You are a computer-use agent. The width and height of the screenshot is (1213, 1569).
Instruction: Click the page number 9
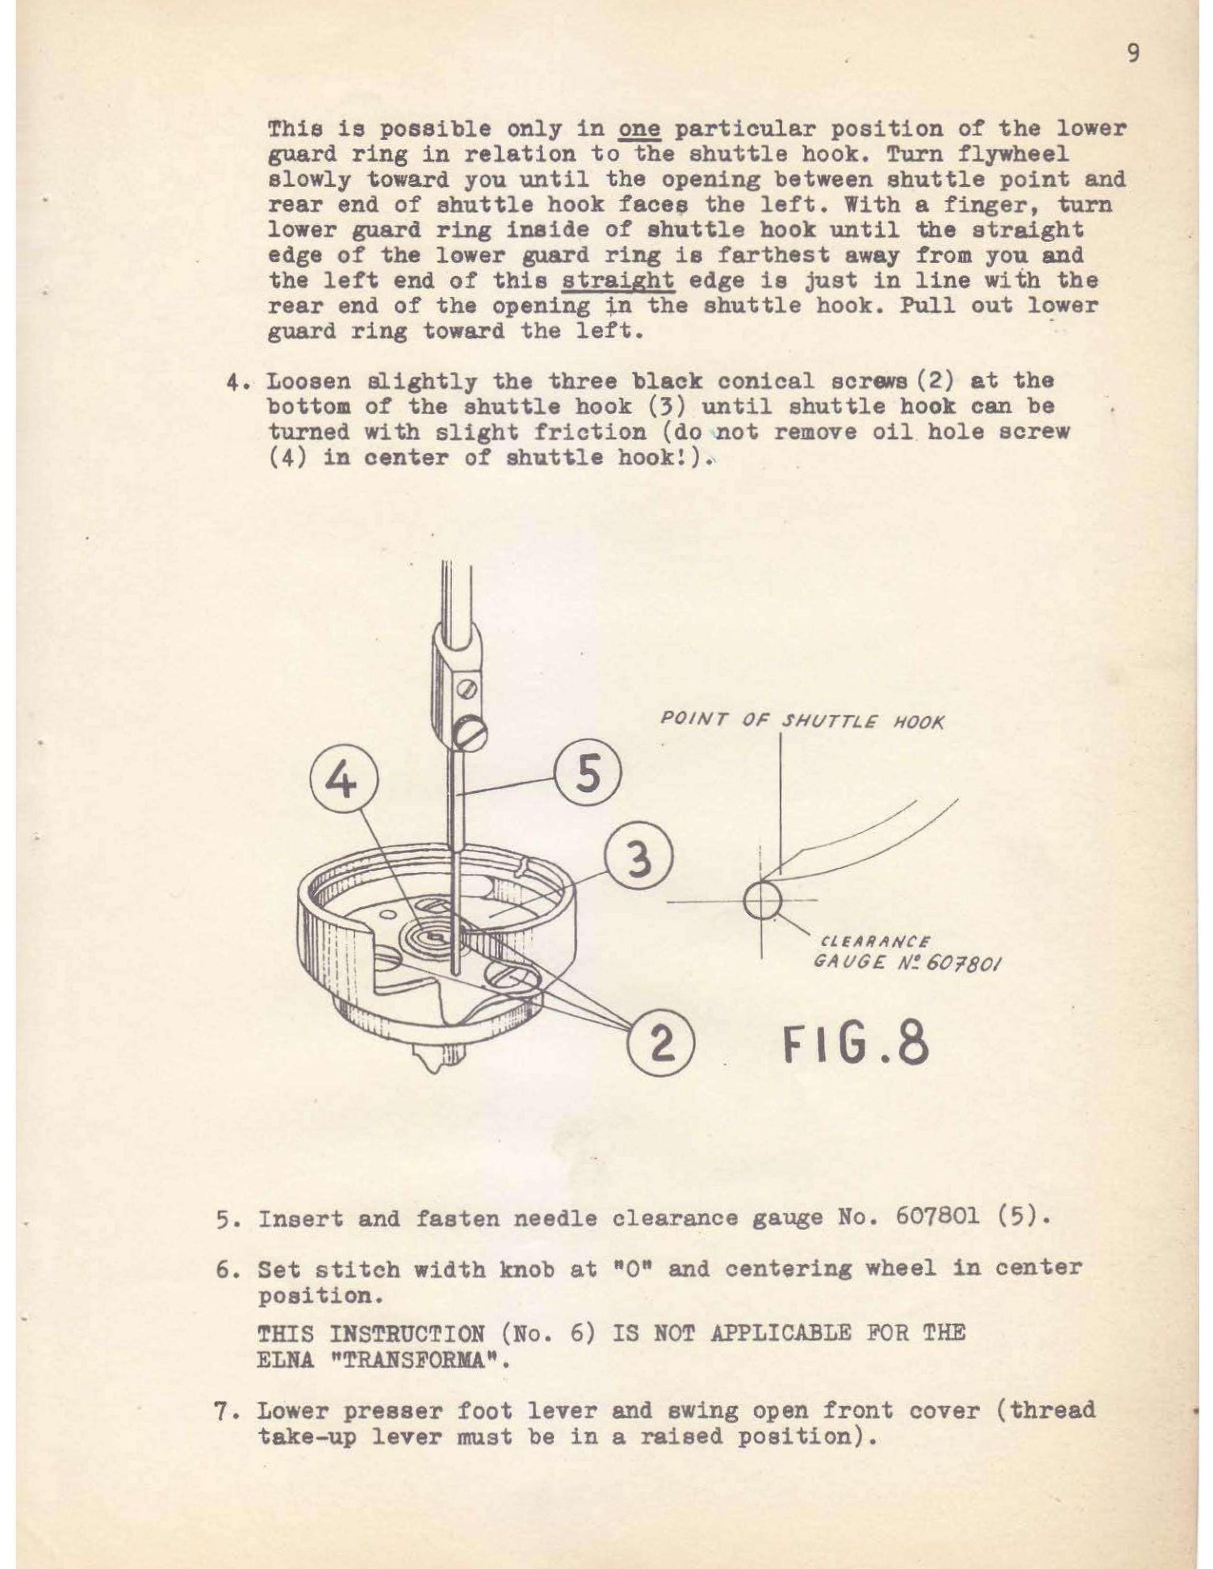(x=1133, y=54)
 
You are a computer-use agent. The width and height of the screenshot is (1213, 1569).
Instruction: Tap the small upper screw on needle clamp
(x=470, y=689)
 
